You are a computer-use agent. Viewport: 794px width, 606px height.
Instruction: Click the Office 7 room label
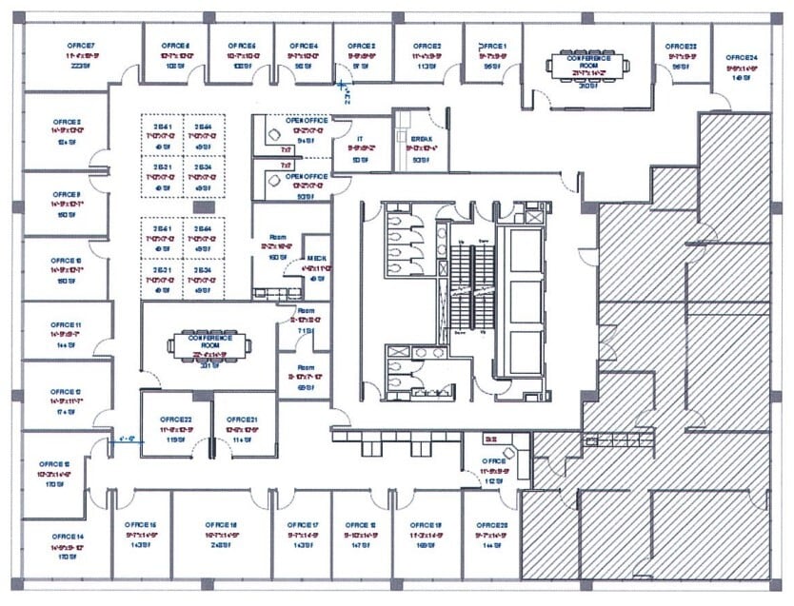(x=80, y=46)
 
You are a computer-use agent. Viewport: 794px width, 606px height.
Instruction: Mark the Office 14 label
(x=69, y=537)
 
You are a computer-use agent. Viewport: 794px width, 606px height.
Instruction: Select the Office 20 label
(x=492, y=525)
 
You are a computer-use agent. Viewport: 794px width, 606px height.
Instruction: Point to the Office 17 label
(x=303, y=525)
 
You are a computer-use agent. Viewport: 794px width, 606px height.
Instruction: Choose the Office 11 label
(x=67, y=325)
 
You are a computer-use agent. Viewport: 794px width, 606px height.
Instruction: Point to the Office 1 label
(x=493, y=46)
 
